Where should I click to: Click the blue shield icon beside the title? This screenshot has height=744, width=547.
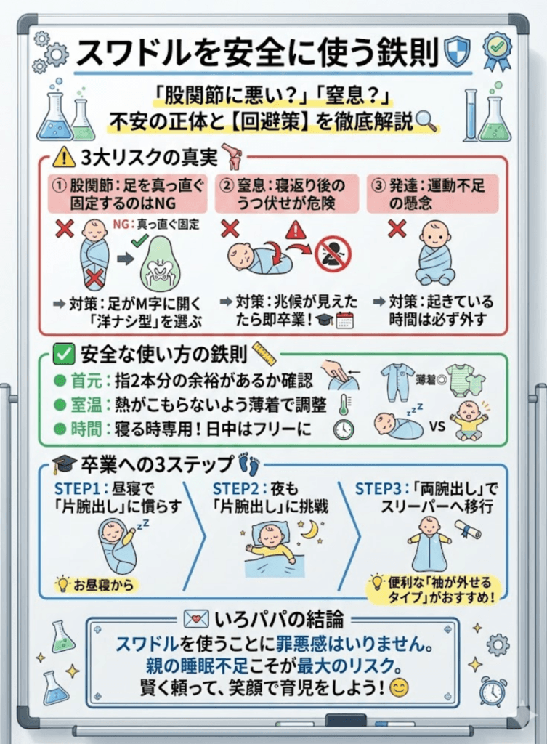pyautogui.click(x=458, y=52)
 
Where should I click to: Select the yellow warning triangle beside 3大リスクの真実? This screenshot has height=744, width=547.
pyautogui.click(x=65, y=156)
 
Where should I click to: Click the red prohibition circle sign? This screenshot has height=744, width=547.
pyautogui.click(x=333, y=252)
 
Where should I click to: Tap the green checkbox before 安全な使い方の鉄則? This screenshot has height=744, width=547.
pyautogui.click(x=65, y=354)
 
